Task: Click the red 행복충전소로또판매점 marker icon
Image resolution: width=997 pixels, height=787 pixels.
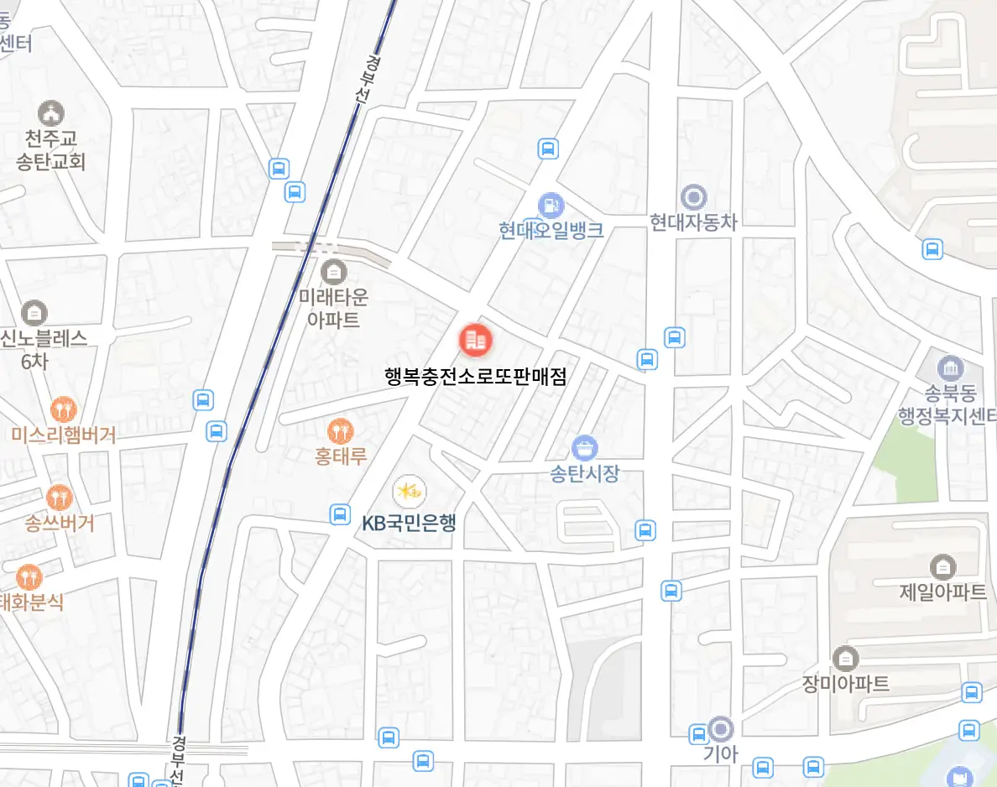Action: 476,340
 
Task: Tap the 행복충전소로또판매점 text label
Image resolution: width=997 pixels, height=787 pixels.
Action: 476,377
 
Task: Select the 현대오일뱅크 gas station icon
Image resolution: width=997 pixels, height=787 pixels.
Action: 551,204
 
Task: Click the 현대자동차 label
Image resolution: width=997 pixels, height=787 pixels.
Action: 693,222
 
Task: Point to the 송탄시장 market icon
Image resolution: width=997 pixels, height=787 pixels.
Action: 584,447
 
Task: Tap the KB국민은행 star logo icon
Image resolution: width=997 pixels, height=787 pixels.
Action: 409,492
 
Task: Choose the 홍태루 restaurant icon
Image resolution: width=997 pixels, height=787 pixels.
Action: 340,431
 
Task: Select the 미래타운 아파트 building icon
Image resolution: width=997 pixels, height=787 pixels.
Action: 333,271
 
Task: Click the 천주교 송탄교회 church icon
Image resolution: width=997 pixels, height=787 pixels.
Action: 51,112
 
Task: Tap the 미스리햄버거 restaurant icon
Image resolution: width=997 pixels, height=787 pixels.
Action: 63,409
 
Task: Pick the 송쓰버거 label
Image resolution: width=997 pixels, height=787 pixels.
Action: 59,524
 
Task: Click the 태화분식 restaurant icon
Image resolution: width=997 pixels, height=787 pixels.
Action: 29,576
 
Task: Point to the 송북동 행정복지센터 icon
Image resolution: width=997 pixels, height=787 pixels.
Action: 950,367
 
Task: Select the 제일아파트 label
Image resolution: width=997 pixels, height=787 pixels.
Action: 942,592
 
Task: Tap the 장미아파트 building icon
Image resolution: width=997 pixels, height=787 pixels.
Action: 844,658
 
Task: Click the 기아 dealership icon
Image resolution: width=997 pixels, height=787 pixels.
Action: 720,728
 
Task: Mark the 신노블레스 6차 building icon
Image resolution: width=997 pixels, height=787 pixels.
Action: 34,313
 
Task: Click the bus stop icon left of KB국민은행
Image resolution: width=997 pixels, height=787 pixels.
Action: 340,513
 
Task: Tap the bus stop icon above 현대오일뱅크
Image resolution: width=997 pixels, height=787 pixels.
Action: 548,149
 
